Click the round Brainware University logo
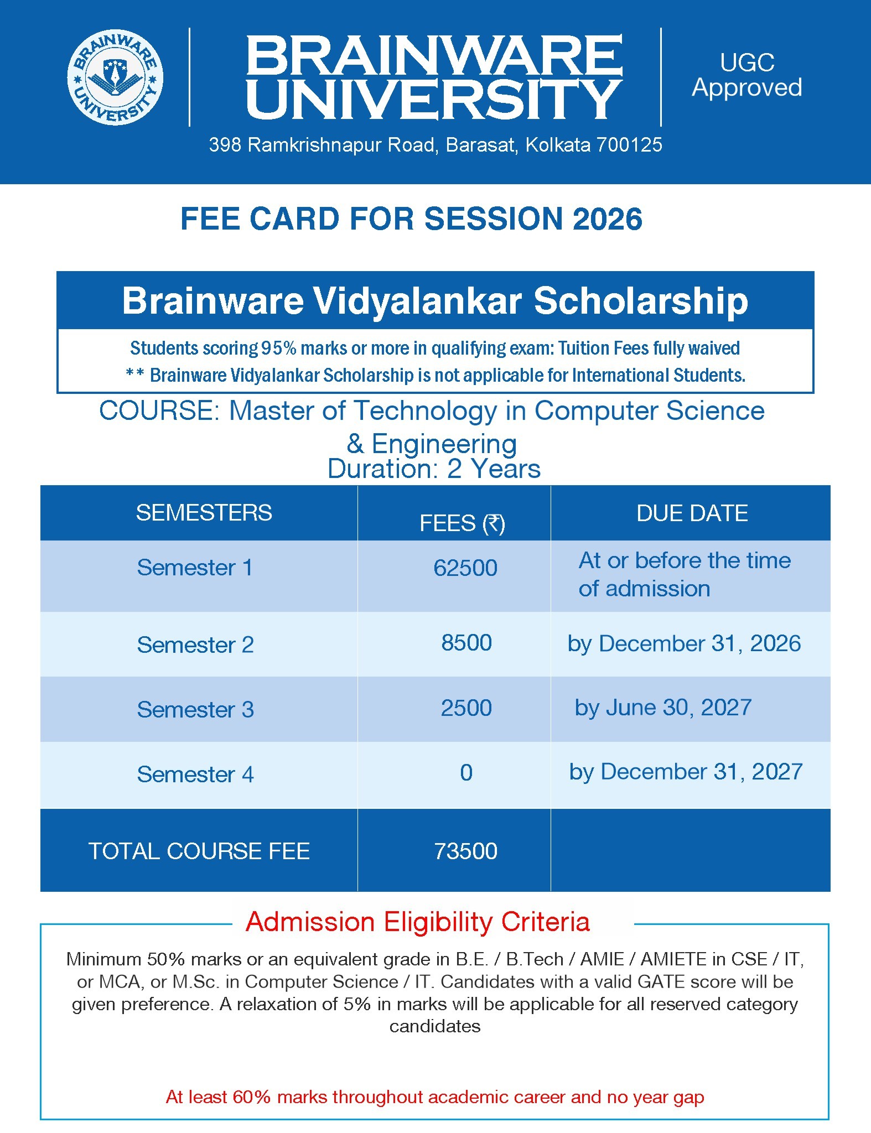pos(115,77)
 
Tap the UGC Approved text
pos(747,75)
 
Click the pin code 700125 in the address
pos(629,145)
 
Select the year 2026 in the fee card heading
pos(607,219)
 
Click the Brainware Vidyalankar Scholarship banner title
pos(435,301)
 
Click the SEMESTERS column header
pos(204,513)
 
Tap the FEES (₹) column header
pos(462,523)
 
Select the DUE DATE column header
pos(692,513)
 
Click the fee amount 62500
pos(465,568)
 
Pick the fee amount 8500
pos(466,643)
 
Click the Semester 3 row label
pos(195,710)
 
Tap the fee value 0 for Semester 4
pos(466,773)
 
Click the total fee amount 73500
pos(465,851)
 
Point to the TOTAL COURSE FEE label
pos(199,851)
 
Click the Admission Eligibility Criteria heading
pos(418,922)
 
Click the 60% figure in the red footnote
pos(252,1097)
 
